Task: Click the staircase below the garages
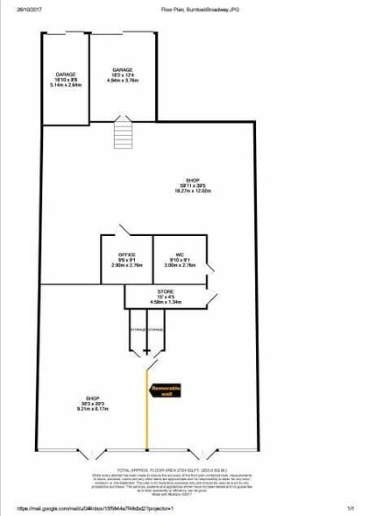[123, 136]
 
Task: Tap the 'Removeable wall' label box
[166, 391]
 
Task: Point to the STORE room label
[166, 290]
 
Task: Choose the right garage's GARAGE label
[122, 70]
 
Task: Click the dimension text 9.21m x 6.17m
[92, 409]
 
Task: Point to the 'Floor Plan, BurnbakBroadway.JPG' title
[200, 9]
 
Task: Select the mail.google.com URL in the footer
[70, 507]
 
